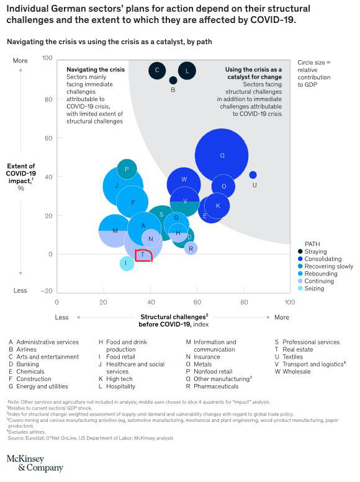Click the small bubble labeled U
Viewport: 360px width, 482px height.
point(253,175)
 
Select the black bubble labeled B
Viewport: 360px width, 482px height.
point(173,80)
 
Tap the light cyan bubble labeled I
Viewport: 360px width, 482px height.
point(127,263)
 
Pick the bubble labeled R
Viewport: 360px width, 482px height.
point(191,249)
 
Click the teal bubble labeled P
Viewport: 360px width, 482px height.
point(127,169)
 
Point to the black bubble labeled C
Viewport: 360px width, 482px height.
point(158,70)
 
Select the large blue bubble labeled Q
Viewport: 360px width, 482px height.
point(222,156)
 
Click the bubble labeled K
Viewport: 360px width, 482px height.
point(217,205)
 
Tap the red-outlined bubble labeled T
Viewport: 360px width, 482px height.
point(143,254)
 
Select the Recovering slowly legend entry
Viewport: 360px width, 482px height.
point(329,266)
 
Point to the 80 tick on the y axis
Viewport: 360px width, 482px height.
point(47,99)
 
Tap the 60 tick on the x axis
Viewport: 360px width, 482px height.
point(196,302)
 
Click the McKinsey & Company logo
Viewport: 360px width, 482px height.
point(35,463)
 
